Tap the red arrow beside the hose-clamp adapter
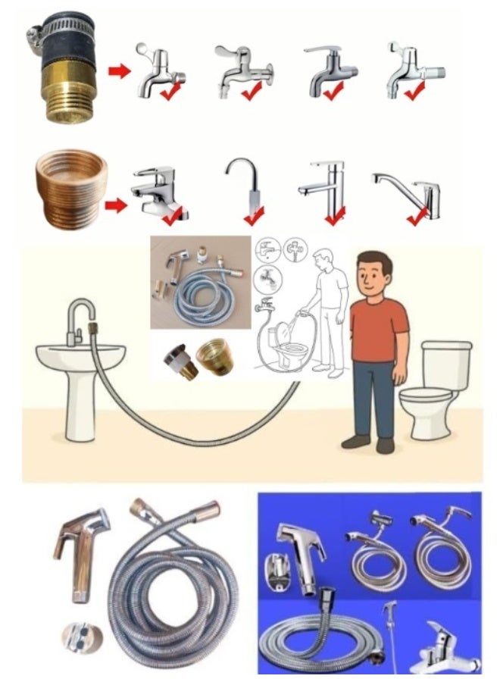(x=117, y=71)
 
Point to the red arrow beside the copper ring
(x=116, y=205)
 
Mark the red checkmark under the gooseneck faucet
(x=252, y=218)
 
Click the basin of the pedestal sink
(x=80, y=359)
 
